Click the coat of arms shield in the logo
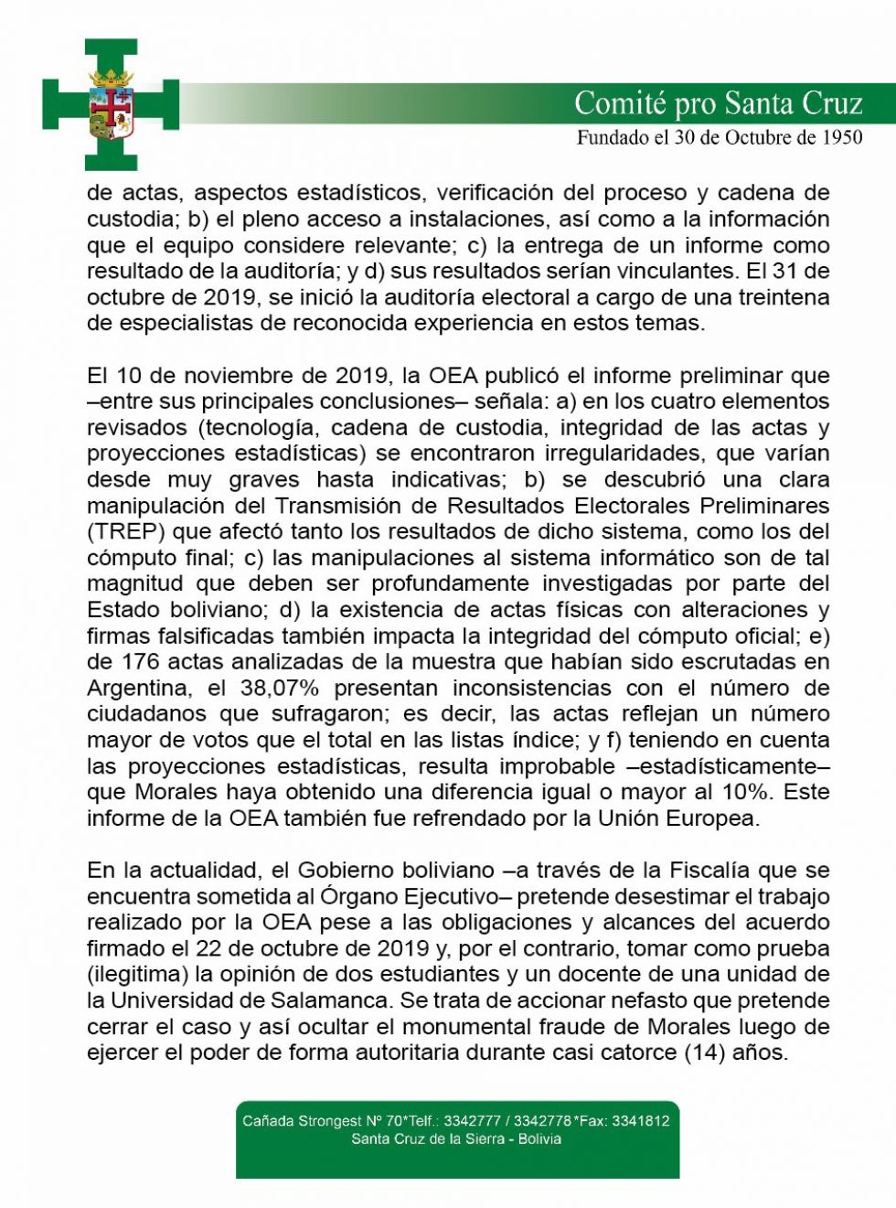[x=111, y=113]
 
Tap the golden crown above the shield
[x=111, y=78]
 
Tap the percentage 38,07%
[x=280, y=688]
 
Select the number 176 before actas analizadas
[x=141, y=661]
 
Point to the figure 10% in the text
[x=752, y=792]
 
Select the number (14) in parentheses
[x=704, y=1052]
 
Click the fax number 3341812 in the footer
[x=640, y=1120]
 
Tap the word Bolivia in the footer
[x=539, y=1139]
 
